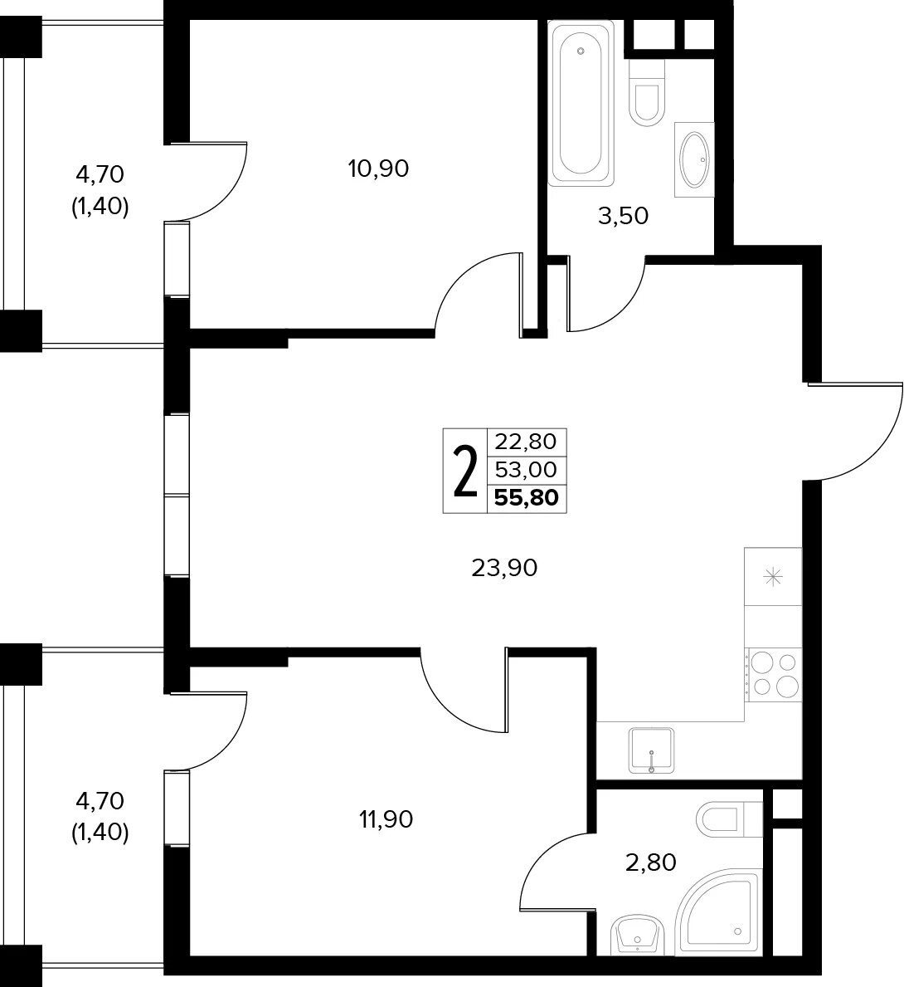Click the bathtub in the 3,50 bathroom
(581, 103)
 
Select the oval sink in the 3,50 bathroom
(694, 159)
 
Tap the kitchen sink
(652, 750)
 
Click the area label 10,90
(379, 169)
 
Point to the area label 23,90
(504, 569)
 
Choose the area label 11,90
(386, 819)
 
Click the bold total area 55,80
(527, 498)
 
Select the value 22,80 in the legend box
(526, 442)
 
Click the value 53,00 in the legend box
(526, 470)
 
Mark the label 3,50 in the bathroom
(623, 216)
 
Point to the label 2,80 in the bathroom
(650, 862)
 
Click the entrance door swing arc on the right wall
(877, 446)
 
